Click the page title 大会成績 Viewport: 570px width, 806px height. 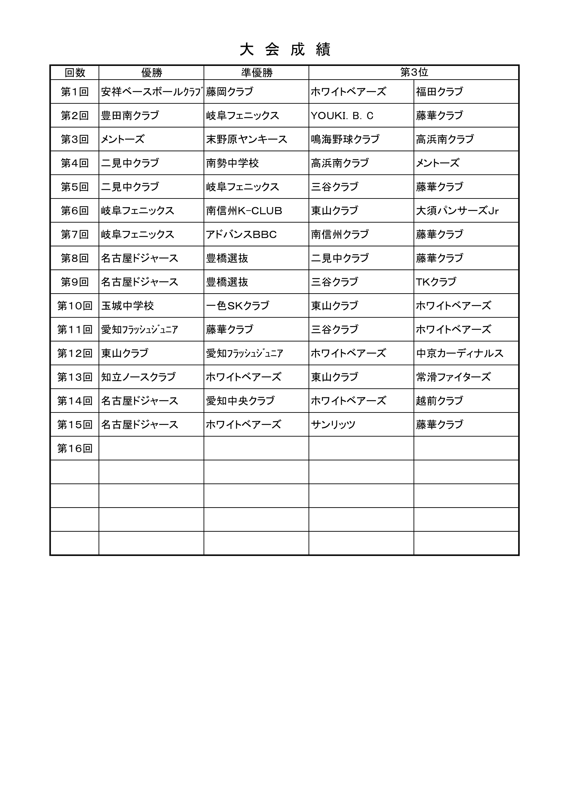tap(285, 50)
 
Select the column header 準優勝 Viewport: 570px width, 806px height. tap(257, 73)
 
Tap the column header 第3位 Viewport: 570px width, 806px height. tap(414, 72)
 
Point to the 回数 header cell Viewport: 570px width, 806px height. tap(75, 73)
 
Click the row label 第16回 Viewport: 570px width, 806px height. tap(75, 448)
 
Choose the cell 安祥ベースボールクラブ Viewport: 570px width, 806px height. tap(152, 92)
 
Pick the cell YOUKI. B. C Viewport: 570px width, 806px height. tap(342, 115)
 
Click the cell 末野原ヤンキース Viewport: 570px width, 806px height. tap(246, 139)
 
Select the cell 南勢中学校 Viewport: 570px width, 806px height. tap(232, 163)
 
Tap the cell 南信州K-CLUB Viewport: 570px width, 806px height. tap(244, 211)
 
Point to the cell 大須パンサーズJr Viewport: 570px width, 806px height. tap(457, 211)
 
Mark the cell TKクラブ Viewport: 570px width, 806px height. tap(436, 282)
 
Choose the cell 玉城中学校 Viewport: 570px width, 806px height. tap(128, 306)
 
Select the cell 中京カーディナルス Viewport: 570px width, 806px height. tap(459, 353)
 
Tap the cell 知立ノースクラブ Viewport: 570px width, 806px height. tap(138, 377)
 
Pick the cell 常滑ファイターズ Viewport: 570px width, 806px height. tap(453, 377)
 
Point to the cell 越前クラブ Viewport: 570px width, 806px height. tap(439, 400)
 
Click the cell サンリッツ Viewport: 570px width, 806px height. tap(333, 425)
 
